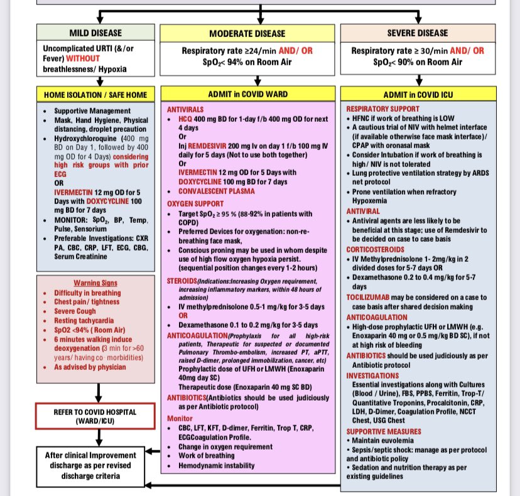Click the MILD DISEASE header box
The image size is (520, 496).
click(x=95, y=32)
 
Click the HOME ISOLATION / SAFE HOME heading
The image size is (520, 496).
click(x=95, y=95)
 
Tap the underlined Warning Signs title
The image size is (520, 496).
click(x=95, y=283)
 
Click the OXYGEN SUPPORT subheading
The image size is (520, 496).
click(x=195, y=203)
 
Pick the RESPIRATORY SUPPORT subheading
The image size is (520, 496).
click(x=384, y=108)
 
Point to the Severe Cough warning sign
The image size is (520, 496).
click(x=75, y=311)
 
